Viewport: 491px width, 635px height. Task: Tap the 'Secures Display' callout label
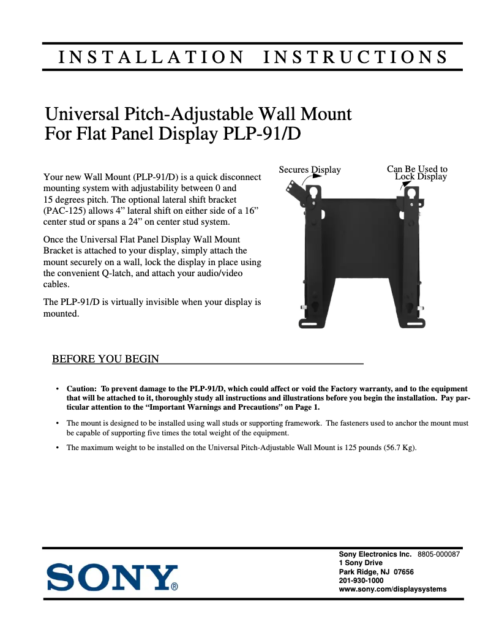tap(310, 170)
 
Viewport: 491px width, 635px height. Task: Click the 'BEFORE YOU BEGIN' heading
tap(106, 359)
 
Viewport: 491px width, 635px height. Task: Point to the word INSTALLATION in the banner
tap(150, 58)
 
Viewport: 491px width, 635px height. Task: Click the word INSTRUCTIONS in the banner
tap(354, 58)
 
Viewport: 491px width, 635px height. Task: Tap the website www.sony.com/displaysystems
tap(392, 589)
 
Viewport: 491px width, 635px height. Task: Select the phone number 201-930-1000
tap(361, 581)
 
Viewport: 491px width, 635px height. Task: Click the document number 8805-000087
tap(438, 554)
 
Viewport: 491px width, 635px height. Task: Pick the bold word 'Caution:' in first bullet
tap(81, 389)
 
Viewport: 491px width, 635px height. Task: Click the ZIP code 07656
tap(403, 572)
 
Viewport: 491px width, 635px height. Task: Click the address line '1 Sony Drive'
tap(361, 563)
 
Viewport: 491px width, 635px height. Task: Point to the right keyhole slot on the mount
tap(411, 193)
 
